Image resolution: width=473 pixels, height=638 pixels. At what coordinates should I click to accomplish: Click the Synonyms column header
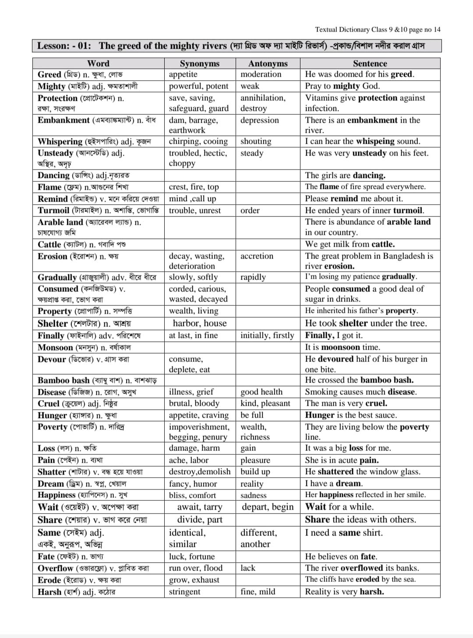(x=199, y=64)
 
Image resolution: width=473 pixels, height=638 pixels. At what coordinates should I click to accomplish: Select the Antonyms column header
(x=268, y=64)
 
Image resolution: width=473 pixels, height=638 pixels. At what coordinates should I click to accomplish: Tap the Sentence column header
(x=370, y=64)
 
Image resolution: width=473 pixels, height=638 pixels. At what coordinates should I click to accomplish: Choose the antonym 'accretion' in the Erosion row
(x=257, y=256)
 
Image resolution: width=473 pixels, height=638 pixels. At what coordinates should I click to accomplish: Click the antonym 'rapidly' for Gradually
(x=253, y=277)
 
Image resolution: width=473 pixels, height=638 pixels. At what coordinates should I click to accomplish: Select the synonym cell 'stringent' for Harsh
(x=185, y=592)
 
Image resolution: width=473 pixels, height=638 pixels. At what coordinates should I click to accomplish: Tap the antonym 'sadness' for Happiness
(x=253, y=496)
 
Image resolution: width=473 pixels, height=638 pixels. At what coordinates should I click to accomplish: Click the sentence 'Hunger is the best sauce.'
(x=351, y=415)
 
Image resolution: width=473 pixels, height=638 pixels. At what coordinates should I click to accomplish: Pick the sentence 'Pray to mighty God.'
(x=342, y=86)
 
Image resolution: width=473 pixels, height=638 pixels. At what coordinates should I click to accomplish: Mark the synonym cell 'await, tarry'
(x=199, y=507)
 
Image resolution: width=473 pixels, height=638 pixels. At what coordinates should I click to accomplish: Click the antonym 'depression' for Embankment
(x=259, y=121)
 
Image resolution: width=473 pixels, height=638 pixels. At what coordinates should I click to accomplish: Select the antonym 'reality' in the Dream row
(x=252, y=484)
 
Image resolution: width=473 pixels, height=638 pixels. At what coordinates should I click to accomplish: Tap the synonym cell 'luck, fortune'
(x=192, y=557)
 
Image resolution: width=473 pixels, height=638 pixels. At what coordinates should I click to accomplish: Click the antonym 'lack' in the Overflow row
(x=247, y=568)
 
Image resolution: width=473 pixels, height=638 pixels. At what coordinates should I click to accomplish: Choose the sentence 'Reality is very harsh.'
(x=345, y=592)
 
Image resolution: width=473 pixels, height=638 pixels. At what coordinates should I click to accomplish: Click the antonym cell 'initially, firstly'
(x=267, y=336)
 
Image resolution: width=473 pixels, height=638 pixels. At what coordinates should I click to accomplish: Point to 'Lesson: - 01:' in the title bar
(x=64, y=46)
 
